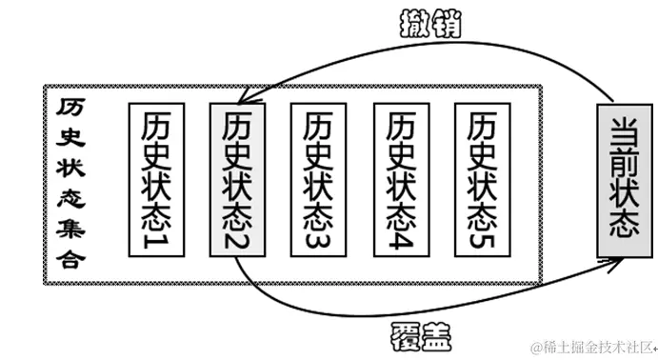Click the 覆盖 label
click(420, 334)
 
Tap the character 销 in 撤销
click(445, 23)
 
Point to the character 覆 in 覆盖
click(405, 334)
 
